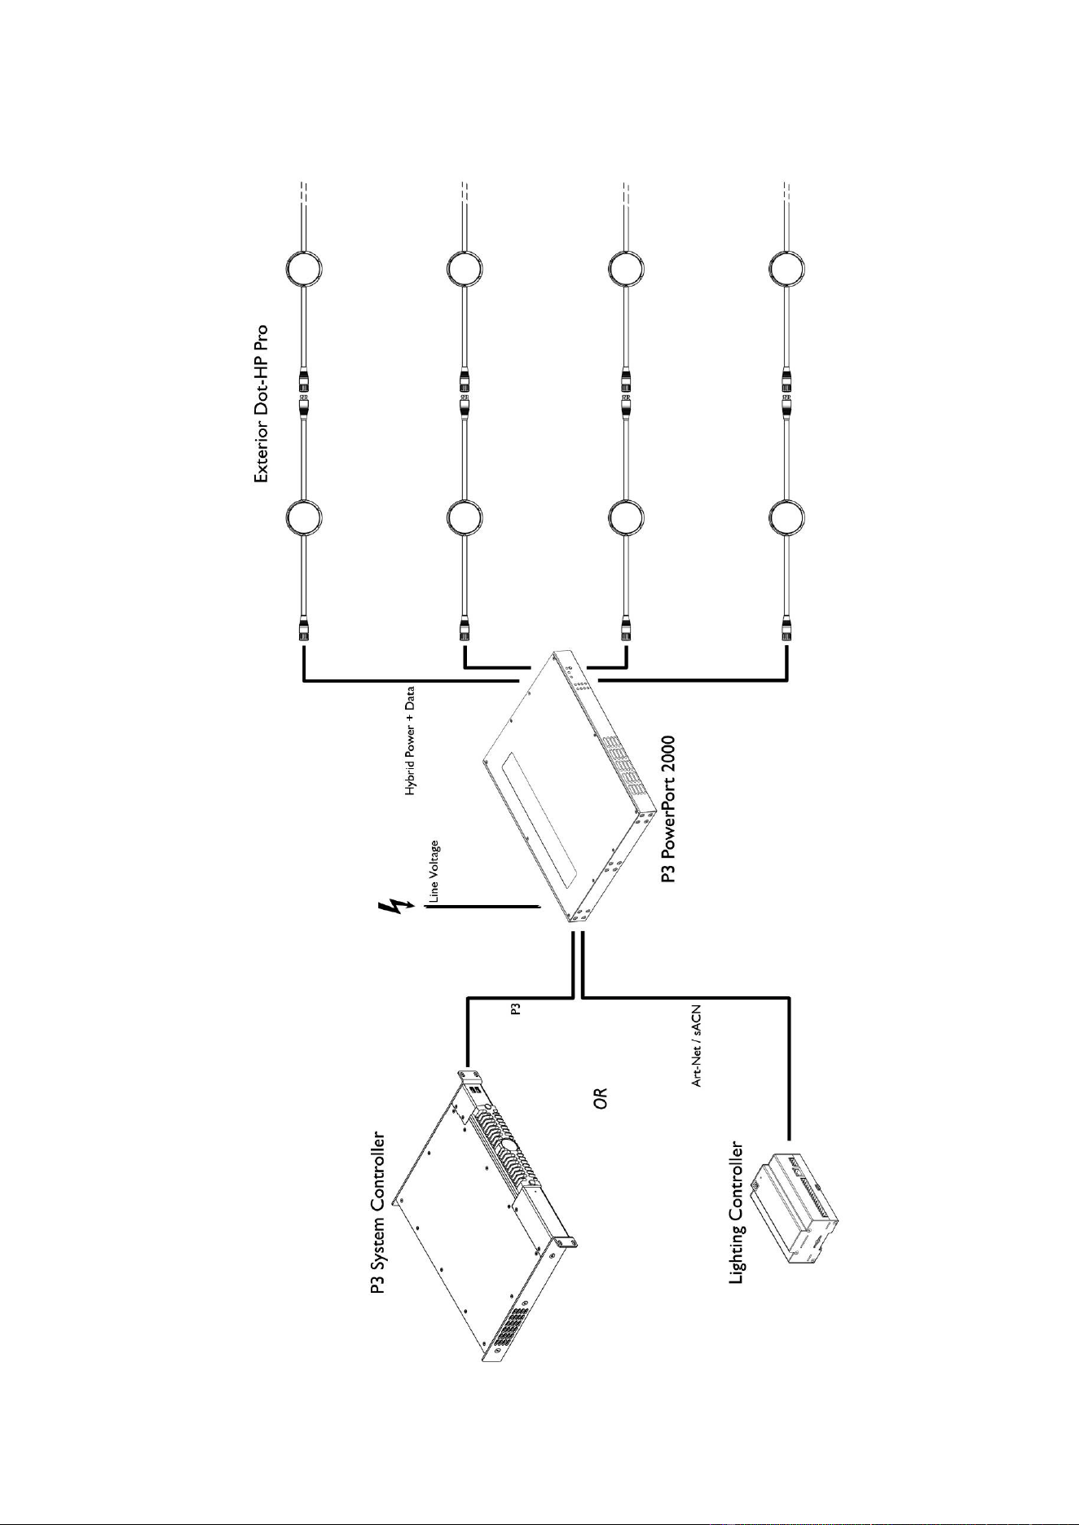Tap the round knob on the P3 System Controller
tap(510, 1145)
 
